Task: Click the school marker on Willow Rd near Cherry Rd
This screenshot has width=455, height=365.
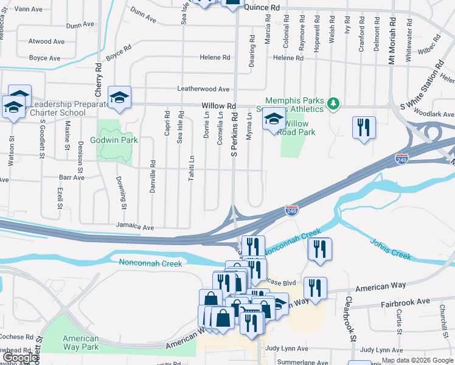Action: pyautogui.click(x=119, y=97)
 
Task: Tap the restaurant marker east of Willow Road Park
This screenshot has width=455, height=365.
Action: pyautogui.click(x=364, y=128)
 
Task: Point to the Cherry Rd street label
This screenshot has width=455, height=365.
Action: pyautogui.click(x=97, y=80)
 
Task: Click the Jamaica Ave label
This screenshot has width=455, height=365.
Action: pyautogui.click(x=136, y=226)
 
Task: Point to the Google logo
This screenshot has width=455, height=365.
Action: pyautogui.click(x=19, y=358)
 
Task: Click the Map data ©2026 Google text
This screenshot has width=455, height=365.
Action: pyautogui.click(x=417, y=360)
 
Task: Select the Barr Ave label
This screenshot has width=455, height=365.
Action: pyautogui.click(x=71, y=178)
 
